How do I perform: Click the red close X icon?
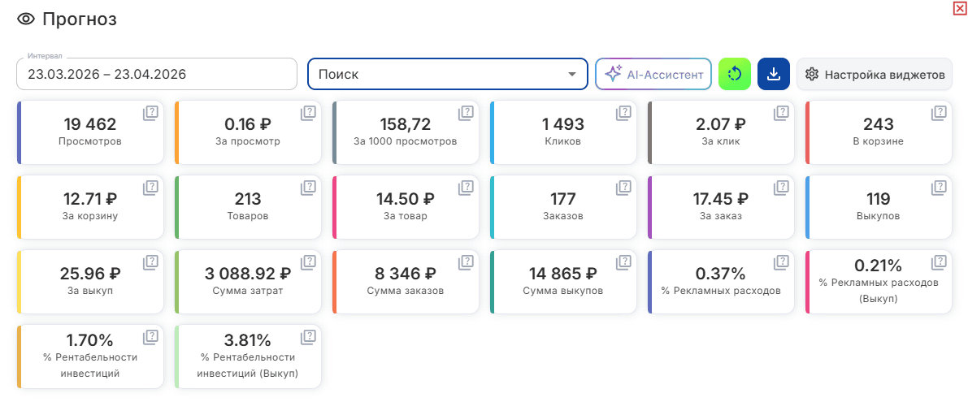(959, 7)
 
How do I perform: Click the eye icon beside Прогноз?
(26, 19)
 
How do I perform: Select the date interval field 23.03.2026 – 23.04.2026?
(157, 74)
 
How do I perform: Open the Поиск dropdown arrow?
(571, 75)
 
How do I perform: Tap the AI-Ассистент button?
(653, 75)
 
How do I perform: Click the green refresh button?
(735, 75)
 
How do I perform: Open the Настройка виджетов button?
(875, 75)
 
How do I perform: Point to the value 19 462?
(90, 124)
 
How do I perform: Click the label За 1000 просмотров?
(405, 141)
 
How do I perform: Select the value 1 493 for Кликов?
(563, 124)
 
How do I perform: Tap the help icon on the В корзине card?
(939, 113)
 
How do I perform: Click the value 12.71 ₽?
(90, 199)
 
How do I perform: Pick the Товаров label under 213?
(248, 216)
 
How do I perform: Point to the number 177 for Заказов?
(563, 199)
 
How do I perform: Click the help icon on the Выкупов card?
(939, 188)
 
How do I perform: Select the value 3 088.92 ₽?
(248, 273)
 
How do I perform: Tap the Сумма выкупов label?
(563, 291)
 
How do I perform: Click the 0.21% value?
(879, 266)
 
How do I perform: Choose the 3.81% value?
(248, 340)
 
